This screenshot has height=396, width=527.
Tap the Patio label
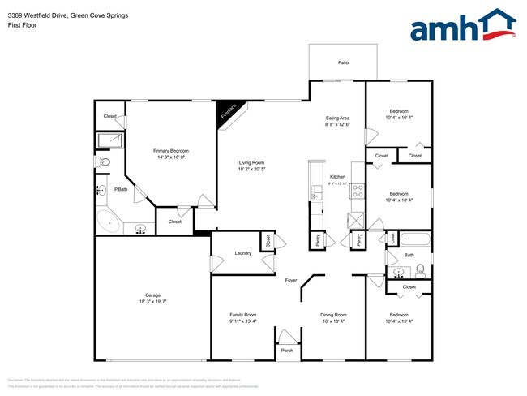point(344,62)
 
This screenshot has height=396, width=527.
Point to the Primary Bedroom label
point(172,151)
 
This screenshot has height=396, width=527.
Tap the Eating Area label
point(337,118)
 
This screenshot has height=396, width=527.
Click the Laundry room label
point(243,253)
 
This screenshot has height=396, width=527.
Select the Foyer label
point(291,281)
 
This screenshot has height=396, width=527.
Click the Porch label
point(287,351)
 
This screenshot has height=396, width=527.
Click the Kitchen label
point(337,177)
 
